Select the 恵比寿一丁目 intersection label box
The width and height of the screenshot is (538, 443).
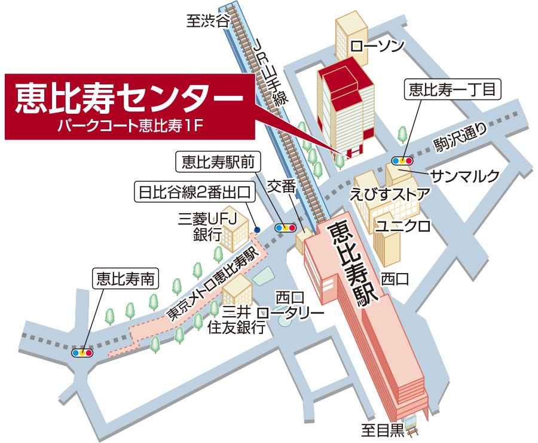(x=452, y=90)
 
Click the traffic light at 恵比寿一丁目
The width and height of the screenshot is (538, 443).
(x=402, y=160)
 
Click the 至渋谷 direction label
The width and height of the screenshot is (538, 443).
(x=208, y=22)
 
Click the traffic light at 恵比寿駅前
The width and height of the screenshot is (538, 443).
(x=285, y=228)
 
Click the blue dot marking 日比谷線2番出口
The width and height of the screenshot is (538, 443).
(x=256, y=229)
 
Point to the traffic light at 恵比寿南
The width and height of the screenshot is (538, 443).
(x=82, y=353)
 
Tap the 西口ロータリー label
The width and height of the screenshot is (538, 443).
(x=291, y=305)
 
